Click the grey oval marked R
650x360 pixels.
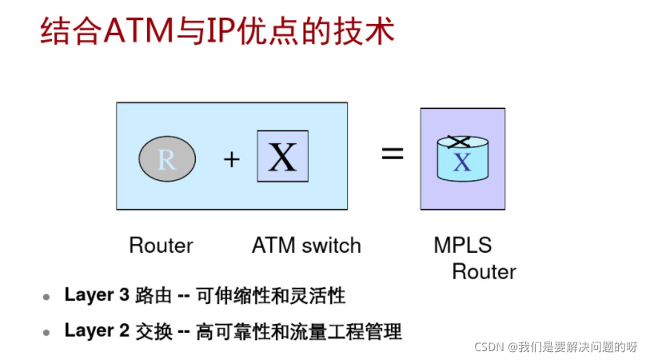166,159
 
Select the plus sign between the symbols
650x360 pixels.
231,159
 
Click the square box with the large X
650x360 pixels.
282,156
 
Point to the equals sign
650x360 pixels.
392,154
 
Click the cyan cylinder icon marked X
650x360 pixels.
461,161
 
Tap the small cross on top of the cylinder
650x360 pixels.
458,142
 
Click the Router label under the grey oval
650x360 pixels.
161,245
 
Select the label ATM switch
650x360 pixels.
306,245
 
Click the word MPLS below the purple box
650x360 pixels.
463,245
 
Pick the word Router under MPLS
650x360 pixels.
484,271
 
